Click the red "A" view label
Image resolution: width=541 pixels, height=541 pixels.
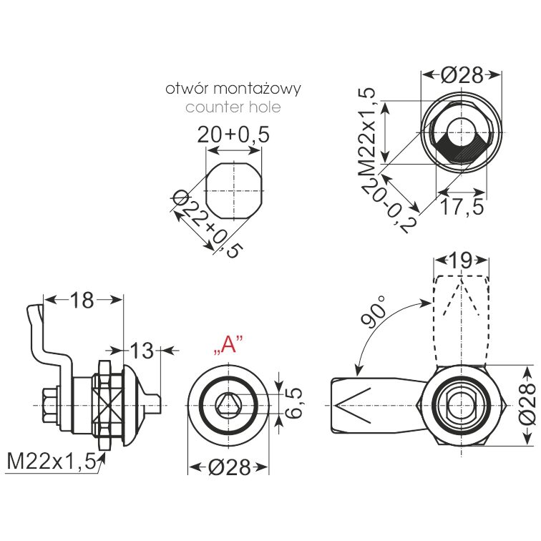point(228,345)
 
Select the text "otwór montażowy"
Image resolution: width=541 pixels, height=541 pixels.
point(233,89)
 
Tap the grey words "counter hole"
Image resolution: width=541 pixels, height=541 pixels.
point(233,107)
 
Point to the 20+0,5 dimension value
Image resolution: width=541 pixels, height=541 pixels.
point(233,135)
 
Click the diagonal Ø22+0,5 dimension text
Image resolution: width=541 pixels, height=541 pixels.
point(207,223)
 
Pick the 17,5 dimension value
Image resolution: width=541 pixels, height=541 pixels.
point(462,207)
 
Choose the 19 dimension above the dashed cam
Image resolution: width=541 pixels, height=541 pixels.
point(462,260)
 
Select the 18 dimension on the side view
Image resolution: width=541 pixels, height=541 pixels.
point(82,300)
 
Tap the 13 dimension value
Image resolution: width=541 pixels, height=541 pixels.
point(142,351)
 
